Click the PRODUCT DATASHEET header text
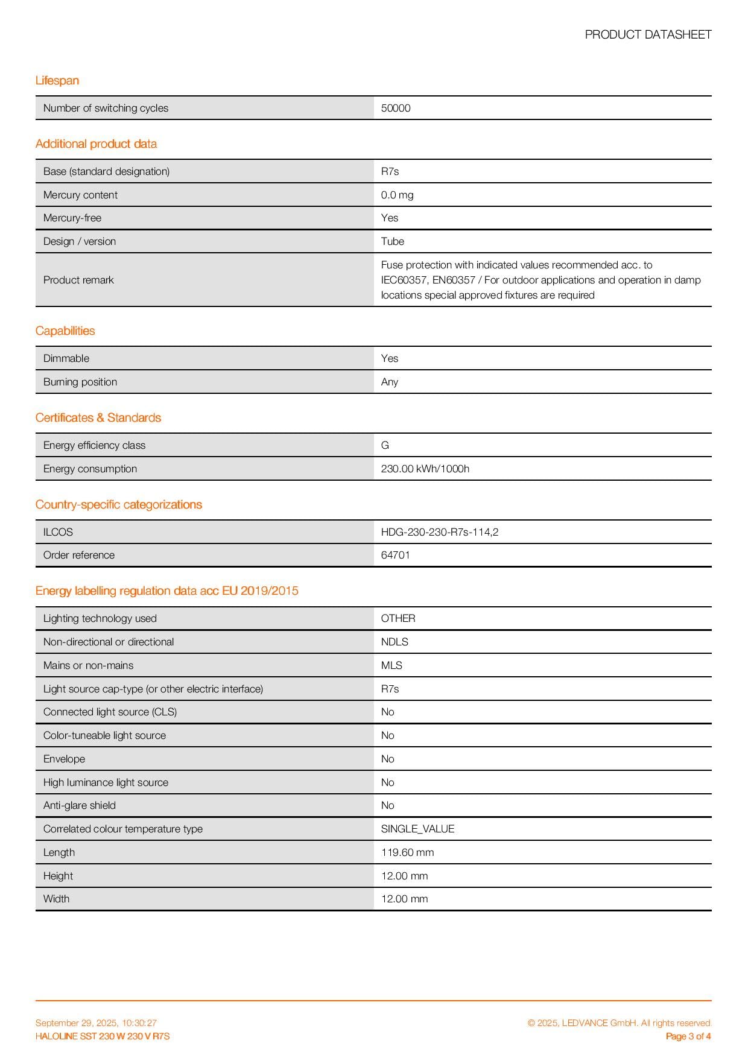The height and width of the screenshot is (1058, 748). pos(648,35)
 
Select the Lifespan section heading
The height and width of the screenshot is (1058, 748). pos(57,81)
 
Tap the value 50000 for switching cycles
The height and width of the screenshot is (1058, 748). pos(396,109)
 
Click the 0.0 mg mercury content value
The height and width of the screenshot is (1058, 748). pos(397,195)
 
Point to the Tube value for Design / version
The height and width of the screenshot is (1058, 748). pos(392,242)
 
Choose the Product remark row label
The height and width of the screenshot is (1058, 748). pos(78,280)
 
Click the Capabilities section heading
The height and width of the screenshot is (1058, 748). pos(65,331)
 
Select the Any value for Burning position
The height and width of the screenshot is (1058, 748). pos(390,382)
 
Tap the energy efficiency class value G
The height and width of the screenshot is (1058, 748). pos(385,446)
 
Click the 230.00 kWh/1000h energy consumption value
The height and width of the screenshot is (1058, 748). pos(425,469)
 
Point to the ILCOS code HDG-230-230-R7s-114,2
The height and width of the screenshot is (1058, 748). pos(439,533)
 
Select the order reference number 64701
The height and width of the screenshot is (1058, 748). pos(395,556)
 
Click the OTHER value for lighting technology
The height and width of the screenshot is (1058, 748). pos(398,619)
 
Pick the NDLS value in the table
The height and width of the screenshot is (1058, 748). pos(395,642)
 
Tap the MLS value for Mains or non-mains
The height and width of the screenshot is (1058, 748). pos(391,666)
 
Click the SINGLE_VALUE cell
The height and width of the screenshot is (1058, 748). pos(417,829)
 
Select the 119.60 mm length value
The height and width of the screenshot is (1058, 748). pos(407,853)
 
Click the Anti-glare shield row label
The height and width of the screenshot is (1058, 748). pos(80,806)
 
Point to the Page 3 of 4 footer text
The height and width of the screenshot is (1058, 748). pos(688,1037)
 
